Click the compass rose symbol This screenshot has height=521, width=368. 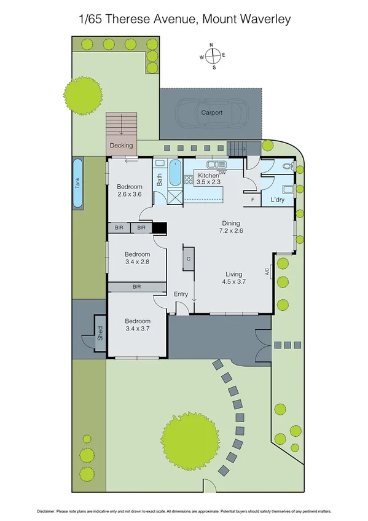pos(213,56)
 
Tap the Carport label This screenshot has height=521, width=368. pos(211,113)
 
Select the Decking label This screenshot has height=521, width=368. pos(121,146)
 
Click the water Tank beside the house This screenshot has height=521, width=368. pos(77,184)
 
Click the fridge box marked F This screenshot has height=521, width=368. pos(253,200)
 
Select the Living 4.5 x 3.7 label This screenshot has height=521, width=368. pos(233,278)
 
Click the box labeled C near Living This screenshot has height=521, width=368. pos(189,259)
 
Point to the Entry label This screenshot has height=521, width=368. pos(181,294)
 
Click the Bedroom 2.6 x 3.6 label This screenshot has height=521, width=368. pos(130,190)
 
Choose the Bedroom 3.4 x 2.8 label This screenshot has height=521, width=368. pos(137,258)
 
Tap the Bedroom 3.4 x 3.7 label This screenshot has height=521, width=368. pos(138,324)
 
